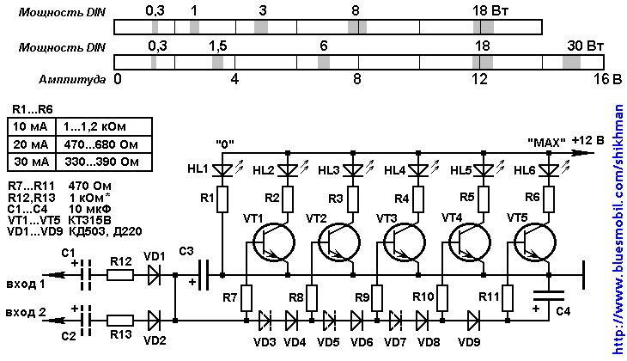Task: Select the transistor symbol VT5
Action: [x=543, y=242]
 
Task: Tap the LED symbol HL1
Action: [x=222, y=169]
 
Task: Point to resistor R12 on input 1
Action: [x=120, y=275]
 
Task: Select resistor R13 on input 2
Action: [x=120, y=321]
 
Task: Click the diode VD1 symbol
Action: [x=154, y=275]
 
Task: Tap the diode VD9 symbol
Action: [x=473, y=321]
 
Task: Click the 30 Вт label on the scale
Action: [x=585, y=44]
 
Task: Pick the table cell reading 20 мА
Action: [x=31, y=143]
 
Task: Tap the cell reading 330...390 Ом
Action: [x=103, y=161]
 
